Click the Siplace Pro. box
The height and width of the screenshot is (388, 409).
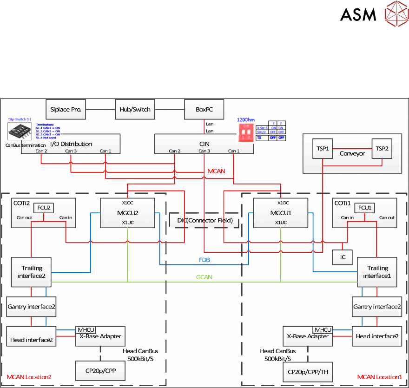point(66,109)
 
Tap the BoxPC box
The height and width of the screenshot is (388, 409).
point(204,109)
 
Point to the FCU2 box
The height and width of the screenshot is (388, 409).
point(44,207)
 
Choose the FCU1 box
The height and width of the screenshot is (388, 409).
point(363,208)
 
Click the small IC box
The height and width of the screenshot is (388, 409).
point(342,256)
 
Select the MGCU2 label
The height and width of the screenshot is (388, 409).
point(126,212)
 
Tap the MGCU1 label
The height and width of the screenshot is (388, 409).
point(280,212)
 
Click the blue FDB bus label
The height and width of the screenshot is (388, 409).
point(204,261)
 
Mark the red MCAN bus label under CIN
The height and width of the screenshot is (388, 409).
point(216,171)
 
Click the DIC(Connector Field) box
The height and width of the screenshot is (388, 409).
point(204,220)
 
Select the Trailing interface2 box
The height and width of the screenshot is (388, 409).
point(31,271)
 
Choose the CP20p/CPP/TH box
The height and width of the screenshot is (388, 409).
point(308,372)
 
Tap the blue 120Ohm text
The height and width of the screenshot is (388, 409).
point(245,120)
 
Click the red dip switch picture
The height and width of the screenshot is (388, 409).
point(246,132)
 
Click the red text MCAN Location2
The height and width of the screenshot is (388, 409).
point(29,376)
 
